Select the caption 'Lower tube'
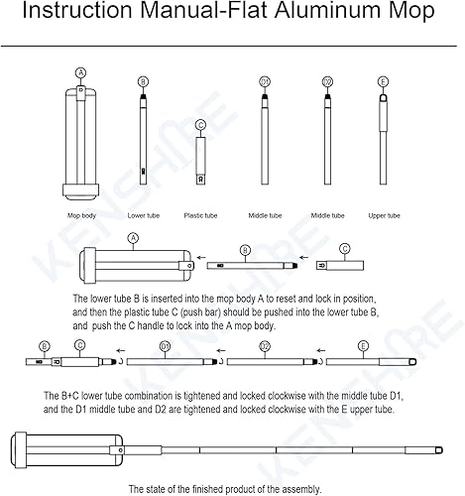[x=144, y=214]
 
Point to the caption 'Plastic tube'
[x=201, y=214]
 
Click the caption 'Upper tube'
[x=384, y=214]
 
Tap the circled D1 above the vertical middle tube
[x=265, y=81]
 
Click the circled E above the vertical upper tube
[x=384, y=81]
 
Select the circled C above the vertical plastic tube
[x=201, y=124]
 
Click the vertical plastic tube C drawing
[x=201, y=161]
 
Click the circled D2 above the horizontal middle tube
[x=265, y=347]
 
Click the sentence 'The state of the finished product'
[x=225, y=488]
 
